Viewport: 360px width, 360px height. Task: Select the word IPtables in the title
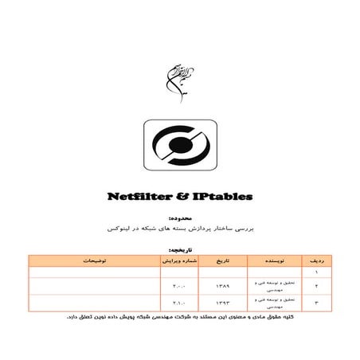(224, 196)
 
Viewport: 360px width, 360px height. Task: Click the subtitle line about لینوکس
(180, 227)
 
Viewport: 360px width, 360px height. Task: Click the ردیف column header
(315, 260)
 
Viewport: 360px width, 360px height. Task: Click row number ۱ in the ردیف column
(315, 272)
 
